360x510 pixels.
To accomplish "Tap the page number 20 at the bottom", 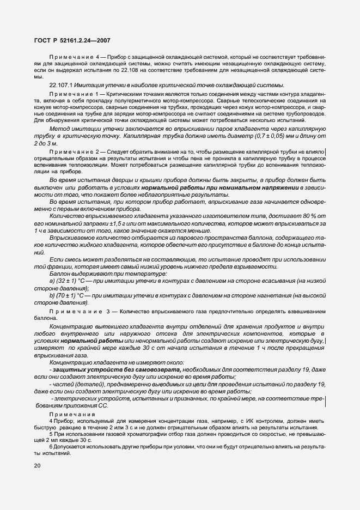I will point(36,465).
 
